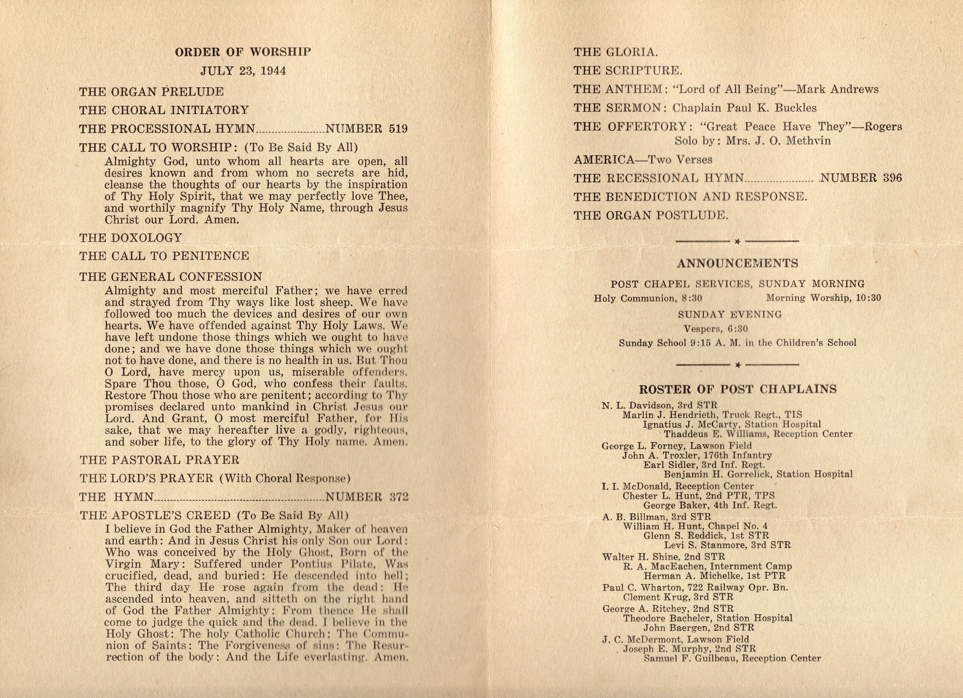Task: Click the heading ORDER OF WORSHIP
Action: pyautogui.click(x=243, y=52)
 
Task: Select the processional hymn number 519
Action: pyautogui.click(x=366, y=129)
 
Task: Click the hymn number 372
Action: pyautogui.click(x=366, y=497)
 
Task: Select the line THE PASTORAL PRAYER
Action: pyautogui.click(x=159, y=460)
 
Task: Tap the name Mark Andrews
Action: pyautogui.click(x=837, y=89)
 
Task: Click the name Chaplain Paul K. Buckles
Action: pyautogui.click(x=744, y=108)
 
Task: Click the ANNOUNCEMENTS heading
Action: pyautogui.click(x=738, y=264)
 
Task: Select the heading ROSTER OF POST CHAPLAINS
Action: pyautogui.click(x=738, y=389)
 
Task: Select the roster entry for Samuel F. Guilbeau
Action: pyautogui.click(x=732, y=659)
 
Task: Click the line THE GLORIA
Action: pyautogui.click(x=616, y=52)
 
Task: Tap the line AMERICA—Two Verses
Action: pyautogui.click(x=643, y=160)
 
